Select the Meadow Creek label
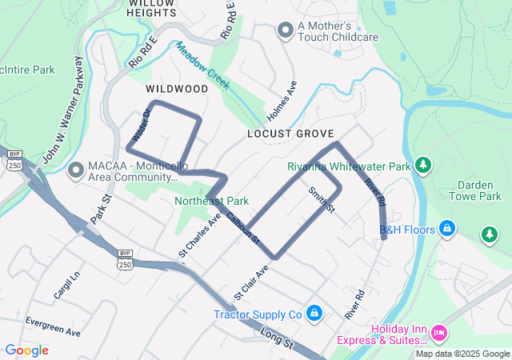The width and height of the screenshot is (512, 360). coord(204,65)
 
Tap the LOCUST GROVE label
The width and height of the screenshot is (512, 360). coord(290,134)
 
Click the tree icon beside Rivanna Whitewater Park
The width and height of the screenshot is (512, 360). coord(423,166)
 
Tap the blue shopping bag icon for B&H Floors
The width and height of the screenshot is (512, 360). coord(447,230)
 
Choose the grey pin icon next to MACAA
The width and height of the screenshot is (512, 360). coord(77,170)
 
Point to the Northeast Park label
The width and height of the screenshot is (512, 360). coord(211,201)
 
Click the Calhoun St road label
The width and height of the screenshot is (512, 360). coord(242,228)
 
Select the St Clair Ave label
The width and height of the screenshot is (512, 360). coord(251,284)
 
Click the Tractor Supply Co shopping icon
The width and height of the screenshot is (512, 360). coord(314,313)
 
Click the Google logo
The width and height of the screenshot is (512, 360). coord(26,350)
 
